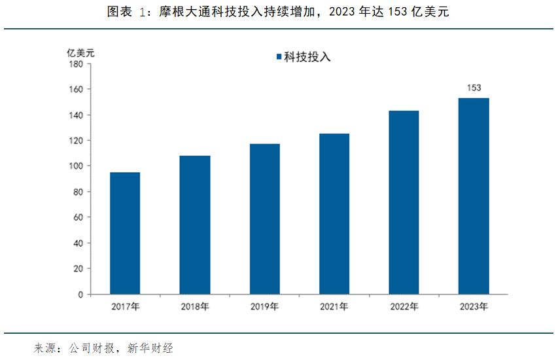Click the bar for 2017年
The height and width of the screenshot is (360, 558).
pos(124,233)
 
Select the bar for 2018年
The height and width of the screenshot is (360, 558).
pos(194,225)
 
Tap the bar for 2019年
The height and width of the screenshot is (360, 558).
pos(264,219)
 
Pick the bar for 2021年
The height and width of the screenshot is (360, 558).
pos(334,213)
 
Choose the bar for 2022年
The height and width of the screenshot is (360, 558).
pos(404,202)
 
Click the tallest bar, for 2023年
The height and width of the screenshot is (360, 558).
pos(474,196)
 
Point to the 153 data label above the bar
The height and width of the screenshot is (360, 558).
pos(474,88)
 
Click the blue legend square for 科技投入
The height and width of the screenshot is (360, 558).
pos(279,57)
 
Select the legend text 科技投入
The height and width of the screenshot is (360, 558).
pos(307,57)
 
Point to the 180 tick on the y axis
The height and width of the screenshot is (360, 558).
pos(75,64)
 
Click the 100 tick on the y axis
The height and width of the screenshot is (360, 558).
pos(75,166)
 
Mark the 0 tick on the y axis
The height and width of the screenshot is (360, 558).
pos(80,295)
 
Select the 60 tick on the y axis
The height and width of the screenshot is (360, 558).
pos(77,217)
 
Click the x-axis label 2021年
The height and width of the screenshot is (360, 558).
pos(334,306)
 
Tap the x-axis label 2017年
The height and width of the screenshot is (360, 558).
pos(124,306)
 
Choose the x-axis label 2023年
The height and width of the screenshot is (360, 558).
pos(474,306)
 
